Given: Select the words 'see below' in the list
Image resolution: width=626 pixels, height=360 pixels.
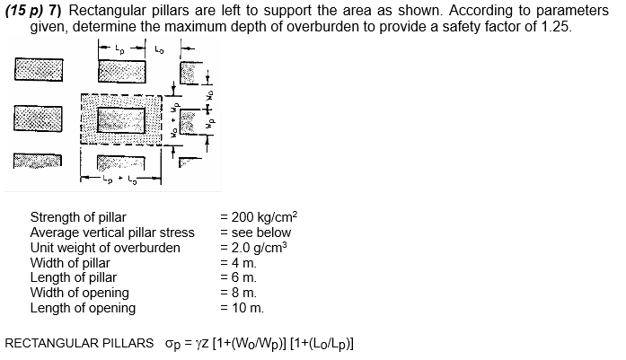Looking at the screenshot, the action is (253, 233).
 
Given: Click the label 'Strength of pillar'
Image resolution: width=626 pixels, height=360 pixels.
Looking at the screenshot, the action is (78, 217).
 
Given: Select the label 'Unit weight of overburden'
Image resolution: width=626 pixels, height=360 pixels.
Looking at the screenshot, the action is (105, 248).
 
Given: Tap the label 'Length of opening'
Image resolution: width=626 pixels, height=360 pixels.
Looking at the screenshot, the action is (83, 308).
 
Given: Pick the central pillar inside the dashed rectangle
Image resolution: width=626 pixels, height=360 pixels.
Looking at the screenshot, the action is (119, 119).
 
